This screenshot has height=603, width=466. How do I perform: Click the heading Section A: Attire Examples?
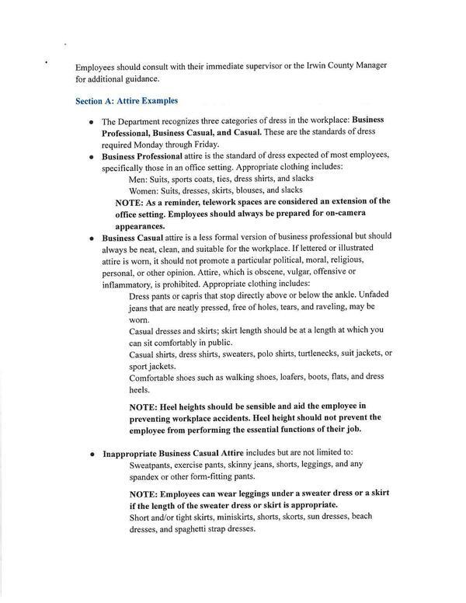pos(127,101)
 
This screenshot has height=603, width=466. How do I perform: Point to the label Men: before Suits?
pos(141,178)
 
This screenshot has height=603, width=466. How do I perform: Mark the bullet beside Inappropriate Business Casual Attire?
pos(92,454)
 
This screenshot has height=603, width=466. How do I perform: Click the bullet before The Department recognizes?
pos(92,121)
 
